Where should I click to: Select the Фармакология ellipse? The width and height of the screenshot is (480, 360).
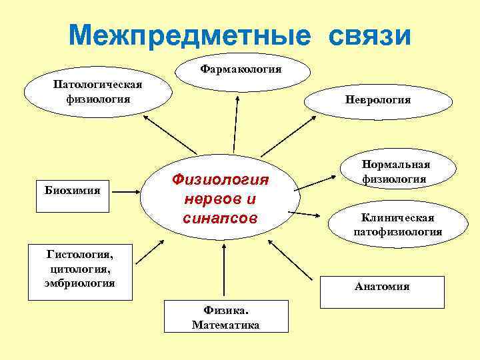click(241, 69)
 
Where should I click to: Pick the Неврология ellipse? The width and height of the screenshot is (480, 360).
click(378, 100)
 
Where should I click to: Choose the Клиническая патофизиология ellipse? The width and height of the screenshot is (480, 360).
click(397, 225)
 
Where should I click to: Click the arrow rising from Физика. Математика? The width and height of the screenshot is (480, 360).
click(225, 273)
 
